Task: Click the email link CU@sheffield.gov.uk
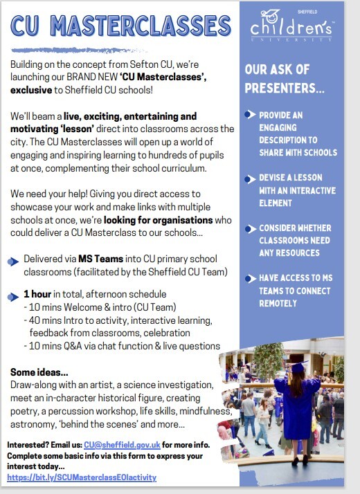pyautogui.click(x=122, y=444)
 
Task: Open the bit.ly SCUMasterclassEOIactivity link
pyautogui.click(x=82, y=477)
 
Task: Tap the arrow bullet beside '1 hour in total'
pyautogui.click(x=13, y=297)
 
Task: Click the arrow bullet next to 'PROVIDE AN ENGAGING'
pyautogui.click(x=250, y=115)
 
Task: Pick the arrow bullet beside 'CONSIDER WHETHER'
pyautogui.click(x=250, y=228)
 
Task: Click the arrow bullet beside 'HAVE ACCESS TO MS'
pyautogui.click(x=250, y=278)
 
